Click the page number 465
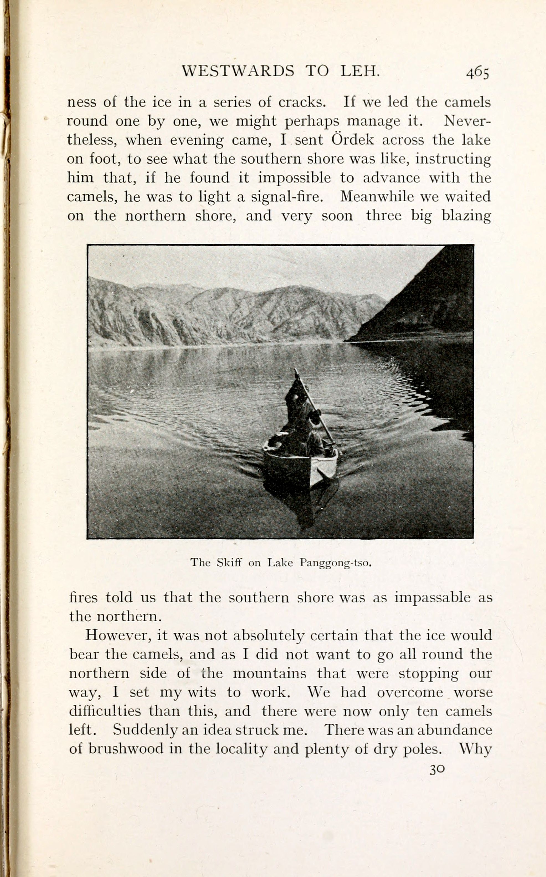pyautogui.click(x=477, y=72)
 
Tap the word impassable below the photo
pyautogui.click(x=432, y=597)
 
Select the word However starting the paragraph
pyautogui.click(x=117, y=635)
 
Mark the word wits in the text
pyautogui.click(x=201, y=692)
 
